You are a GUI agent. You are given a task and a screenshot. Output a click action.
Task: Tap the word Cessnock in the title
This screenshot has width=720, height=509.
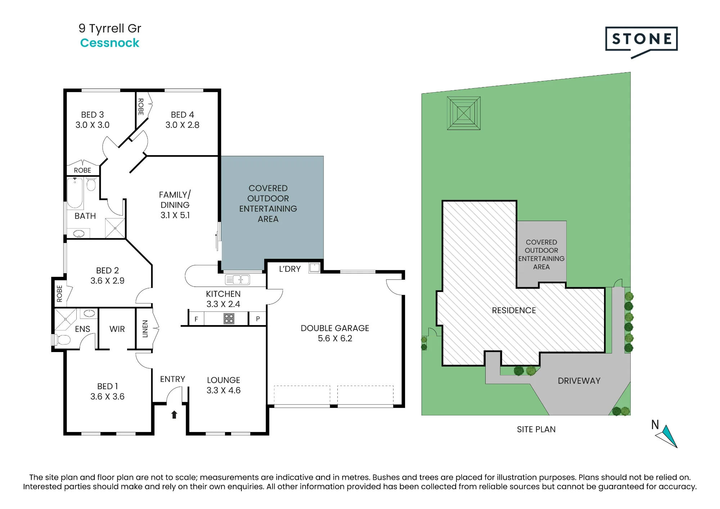(109, 43)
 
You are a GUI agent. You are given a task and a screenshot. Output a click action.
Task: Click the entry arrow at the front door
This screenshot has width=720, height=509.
(174, 415)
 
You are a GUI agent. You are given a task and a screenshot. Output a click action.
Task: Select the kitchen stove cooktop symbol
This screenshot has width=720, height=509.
(229, 319)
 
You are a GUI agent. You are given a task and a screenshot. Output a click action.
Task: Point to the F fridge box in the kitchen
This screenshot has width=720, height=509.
(196, 319)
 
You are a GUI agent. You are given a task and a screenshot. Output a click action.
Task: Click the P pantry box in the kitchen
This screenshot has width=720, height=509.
(258, 319)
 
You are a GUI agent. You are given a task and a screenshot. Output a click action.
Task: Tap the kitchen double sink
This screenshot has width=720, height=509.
(237, 279)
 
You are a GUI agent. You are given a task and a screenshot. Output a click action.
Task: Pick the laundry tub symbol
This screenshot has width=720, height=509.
(315, 267)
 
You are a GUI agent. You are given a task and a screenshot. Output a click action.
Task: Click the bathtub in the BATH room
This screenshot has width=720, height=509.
(75, 193)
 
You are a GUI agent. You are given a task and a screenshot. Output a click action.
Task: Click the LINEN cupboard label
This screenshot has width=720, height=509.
(145, 329)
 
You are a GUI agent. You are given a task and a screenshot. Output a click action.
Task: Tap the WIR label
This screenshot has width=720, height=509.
(117, 329)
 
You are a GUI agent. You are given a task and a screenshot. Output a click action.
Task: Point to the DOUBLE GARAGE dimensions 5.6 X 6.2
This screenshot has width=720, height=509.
(335, 338)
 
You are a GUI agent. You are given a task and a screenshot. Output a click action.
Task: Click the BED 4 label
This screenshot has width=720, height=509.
(183, 114)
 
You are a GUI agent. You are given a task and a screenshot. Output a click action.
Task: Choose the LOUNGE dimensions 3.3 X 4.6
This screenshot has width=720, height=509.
(224, 390)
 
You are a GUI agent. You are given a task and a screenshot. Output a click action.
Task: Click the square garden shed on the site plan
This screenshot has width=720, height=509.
(464, 113)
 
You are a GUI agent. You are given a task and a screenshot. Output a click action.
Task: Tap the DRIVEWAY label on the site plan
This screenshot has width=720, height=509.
(579, 381)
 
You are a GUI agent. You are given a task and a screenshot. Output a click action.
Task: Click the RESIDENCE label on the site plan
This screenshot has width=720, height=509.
(514, 310)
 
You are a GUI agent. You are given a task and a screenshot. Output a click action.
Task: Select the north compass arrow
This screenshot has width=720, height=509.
(667, 436)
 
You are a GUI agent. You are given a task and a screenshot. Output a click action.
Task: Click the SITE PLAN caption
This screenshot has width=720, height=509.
(536, 429)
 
